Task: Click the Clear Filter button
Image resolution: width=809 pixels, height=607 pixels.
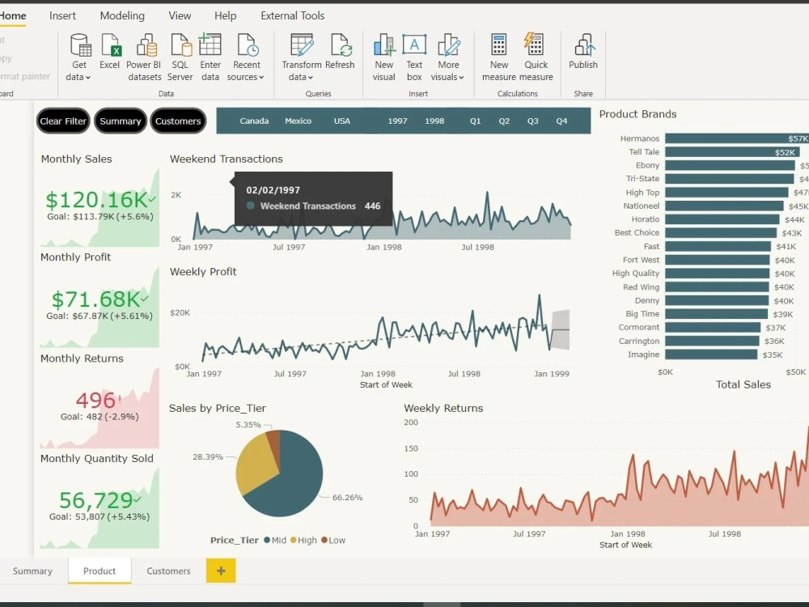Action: tap(63, 121)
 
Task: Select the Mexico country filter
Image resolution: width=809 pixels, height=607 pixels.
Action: tap(298, 121)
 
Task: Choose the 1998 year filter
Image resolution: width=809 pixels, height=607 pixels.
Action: tap(434, 121)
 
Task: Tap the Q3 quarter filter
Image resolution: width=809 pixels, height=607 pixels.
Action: tap(532, 121)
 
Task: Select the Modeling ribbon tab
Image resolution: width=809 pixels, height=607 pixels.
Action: tap(122, 15)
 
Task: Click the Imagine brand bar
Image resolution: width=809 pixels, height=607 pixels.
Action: tap(711, 354)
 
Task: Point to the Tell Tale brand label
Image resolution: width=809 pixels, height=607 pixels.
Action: tap(644, 152)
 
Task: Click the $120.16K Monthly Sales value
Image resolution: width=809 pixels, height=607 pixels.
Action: tap(97, 200)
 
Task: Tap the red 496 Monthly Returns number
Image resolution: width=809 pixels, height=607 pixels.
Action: tap(96, 400)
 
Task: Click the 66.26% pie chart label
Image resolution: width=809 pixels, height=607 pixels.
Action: tap(347, 498)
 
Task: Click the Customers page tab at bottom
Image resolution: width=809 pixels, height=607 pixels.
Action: tap(168, 571)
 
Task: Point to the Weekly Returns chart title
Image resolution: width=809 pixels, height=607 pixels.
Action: tap(443, 408)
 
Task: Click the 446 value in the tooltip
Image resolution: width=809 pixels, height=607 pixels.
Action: tap(372, 206)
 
